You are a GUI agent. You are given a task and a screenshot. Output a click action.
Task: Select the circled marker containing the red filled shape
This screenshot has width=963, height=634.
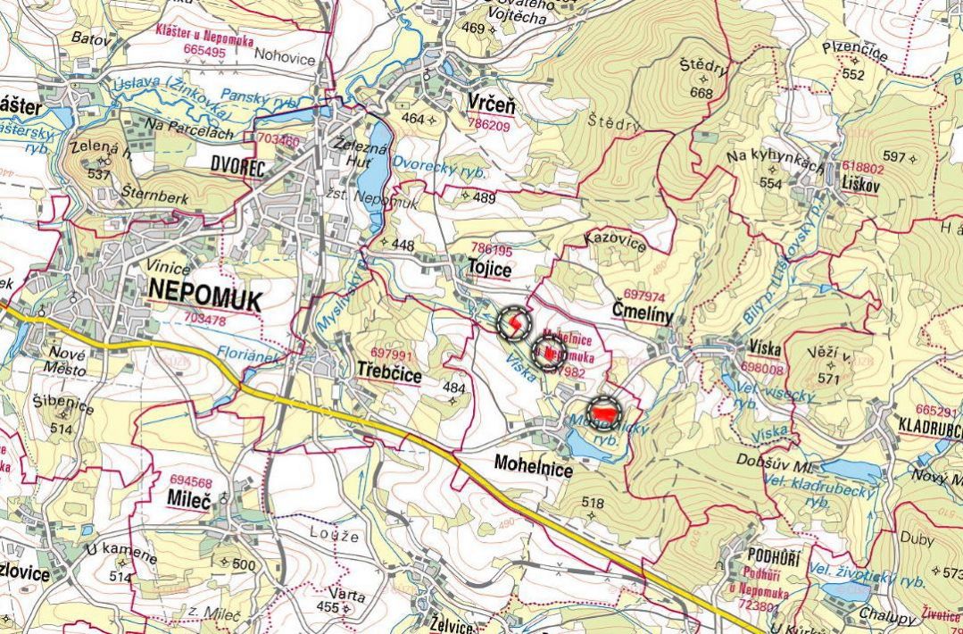[x=606, y=413]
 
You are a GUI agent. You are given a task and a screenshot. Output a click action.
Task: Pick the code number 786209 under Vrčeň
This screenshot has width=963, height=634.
[x=491, y=126]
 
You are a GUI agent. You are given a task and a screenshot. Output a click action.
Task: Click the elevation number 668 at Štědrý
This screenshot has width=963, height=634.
[x=701, y=93]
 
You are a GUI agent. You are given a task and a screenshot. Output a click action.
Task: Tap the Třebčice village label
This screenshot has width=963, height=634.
[x=389, y=373]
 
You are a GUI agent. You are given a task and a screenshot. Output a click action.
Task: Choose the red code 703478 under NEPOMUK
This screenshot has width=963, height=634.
[x=205, y=318]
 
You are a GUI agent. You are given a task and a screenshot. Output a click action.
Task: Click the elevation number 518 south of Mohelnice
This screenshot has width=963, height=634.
[x=593, y=504]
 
